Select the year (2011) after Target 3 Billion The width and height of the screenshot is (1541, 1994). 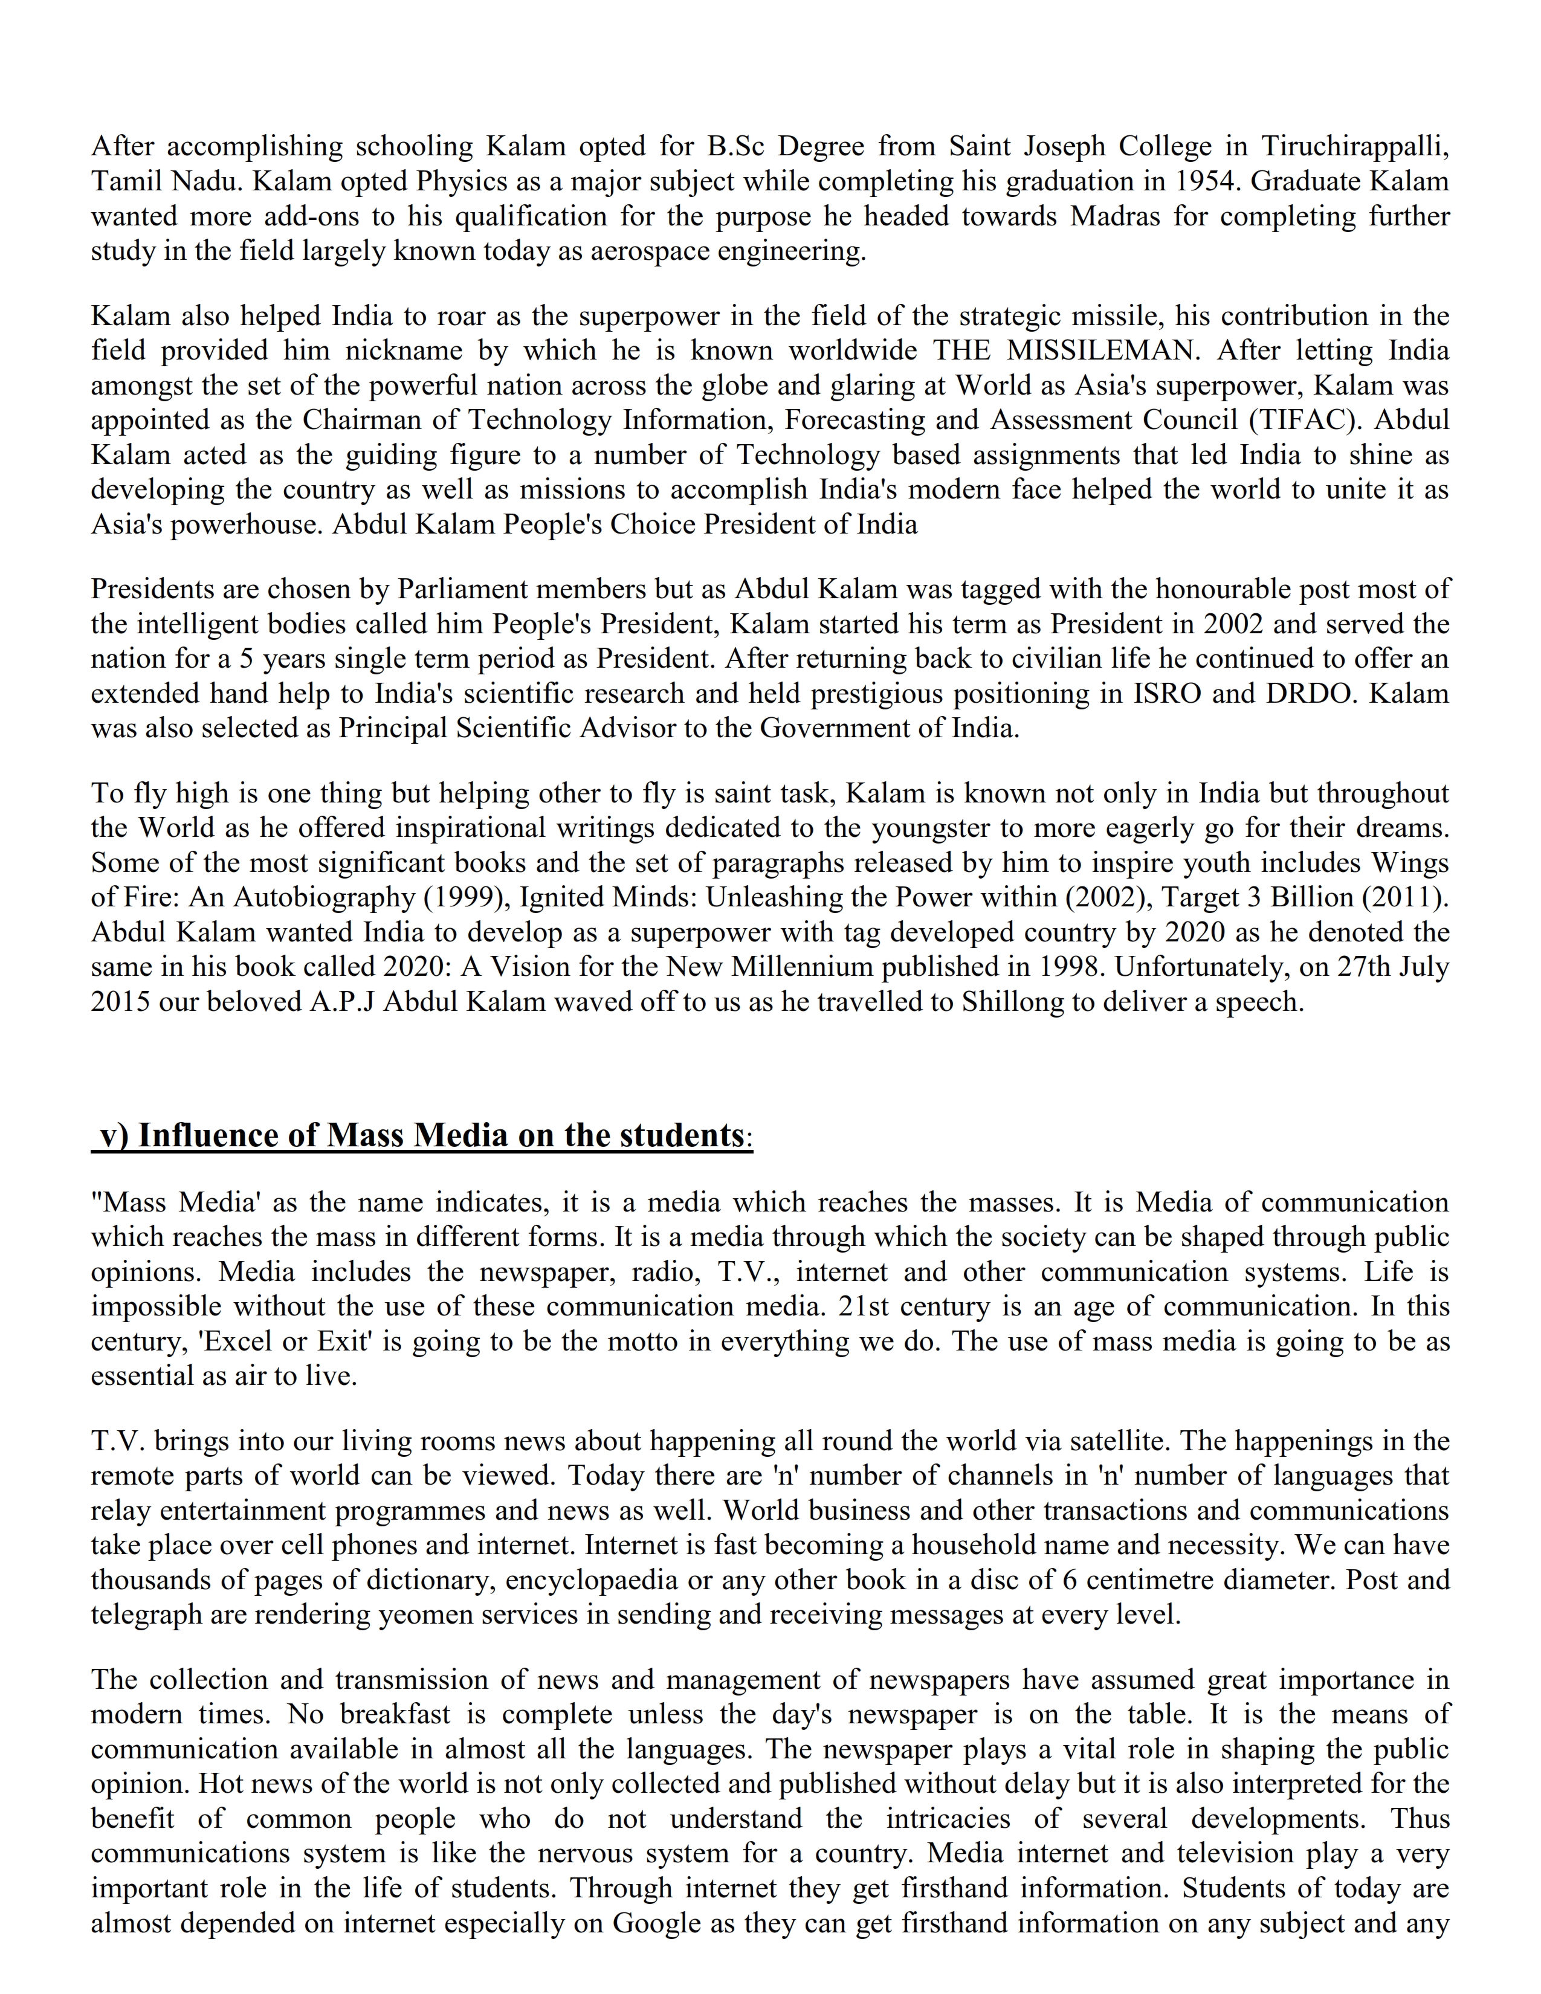[1405, 897]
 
